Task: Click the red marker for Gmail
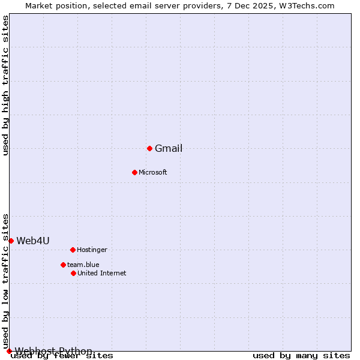[149, 148]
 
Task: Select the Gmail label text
[169, 149]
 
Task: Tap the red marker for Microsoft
[134, 172]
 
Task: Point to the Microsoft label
[153, 173]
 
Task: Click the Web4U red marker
[11, 241]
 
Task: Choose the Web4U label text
[33, 241]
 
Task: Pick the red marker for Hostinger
[73, 250]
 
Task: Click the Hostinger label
[92, 250]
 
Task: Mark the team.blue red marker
[63, 265]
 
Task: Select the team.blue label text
[83, 265]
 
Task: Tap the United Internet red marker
[73, 273]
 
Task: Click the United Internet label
[102, 274]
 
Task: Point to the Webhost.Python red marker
[9, 351]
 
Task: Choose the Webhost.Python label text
[53, 352]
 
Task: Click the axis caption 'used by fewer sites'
[62, 356]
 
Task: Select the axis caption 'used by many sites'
[301, 356]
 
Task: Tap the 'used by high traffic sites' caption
[6, 85]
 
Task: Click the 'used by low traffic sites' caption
[6, 280]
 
